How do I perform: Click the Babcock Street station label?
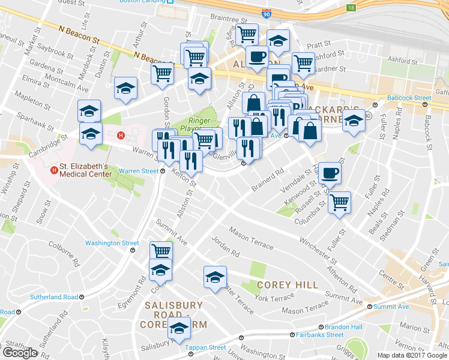[x=409, y=98]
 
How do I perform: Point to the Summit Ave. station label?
[x=391, y=307]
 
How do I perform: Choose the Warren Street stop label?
[x=138, y=171]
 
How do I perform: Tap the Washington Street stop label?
[x=112, y=243]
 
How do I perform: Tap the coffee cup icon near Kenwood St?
[x=330, y=173]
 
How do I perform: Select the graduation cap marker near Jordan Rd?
[x=214, y=277]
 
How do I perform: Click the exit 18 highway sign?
[x=351, y=8]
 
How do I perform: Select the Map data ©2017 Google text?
[x=412, y=355]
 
